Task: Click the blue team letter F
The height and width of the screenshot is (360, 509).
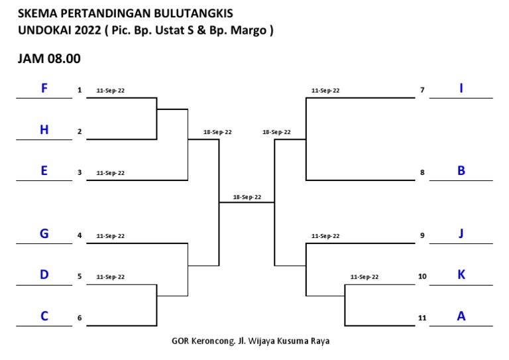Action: click(44, 88)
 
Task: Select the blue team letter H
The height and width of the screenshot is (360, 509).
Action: click(44, 130)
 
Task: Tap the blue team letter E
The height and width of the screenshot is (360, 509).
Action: click(44, 170)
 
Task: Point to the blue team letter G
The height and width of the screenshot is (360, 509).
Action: click(44, 233)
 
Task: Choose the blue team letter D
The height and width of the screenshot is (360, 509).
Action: click(44, 274)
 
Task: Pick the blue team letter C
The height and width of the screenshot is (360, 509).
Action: click(44, 316)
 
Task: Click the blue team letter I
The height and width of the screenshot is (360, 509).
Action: click(461, 88)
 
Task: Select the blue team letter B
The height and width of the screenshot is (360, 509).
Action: click(461, 170)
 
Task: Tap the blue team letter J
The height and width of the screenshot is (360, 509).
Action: click(461, 233)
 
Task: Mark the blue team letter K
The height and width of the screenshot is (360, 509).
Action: click(461, 274)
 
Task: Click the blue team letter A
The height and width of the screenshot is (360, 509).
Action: click(461, 316)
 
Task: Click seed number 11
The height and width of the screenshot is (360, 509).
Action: click(422, 318)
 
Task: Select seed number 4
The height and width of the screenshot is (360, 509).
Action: click(79, 236)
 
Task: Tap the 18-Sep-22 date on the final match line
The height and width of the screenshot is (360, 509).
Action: click(247, 197)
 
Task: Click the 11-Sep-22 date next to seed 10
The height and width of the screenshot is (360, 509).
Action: click(364, 276)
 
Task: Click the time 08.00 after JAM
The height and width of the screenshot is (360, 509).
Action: click(63, 58)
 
